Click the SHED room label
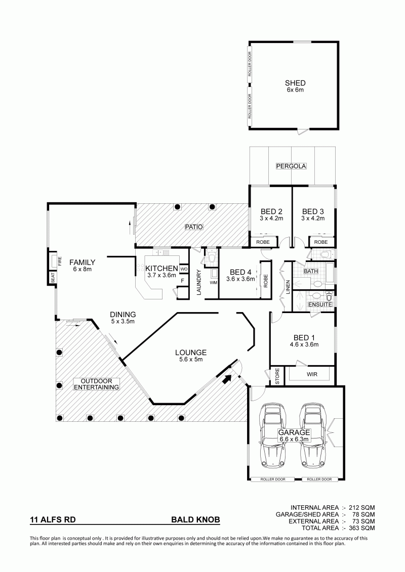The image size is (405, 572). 295,83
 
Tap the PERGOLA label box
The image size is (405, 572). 291,166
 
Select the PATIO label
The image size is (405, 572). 193,227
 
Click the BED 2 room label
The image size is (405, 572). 271,211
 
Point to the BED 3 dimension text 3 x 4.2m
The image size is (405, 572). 313,218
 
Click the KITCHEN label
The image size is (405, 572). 162,269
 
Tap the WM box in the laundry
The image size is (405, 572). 213,283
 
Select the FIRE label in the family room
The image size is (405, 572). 60,261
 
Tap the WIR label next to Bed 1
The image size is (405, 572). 312,374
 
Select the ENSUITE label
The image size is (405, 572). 320,304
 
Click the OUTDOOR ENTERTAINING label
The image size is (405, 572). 96,384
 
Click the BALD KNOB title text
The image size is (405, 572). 196,519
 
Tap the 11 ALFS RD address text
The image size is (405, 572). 53,519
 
